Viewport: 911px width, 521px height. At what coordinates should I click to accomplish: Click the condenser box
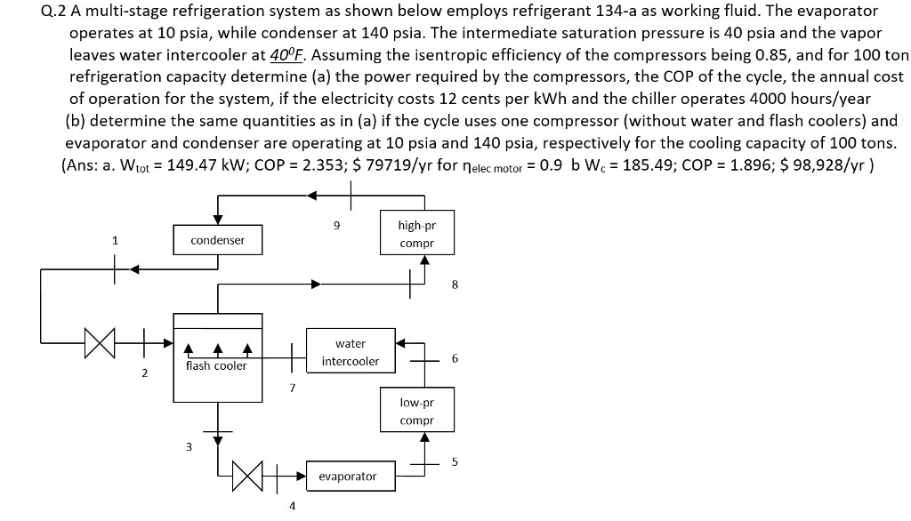point(217,240)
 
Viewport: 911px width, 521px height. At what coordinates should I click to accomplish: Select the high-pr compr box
point(416,234)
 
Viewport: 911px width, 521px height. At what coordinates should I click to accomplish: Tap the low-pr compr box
point(416,411)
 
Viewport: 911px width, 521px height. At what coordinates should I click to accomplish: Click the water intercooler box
point(357,352)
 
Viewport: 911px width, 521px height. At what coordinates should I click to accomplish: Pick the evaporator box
point(348,477)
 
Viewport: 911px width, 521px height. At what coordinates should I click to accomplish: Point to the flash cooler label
point(216,365)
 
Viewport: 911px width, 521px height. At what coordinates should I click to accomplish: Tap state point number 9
point(336,226)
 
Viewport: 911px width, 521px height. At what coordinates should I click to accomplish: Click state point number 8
point(455,285)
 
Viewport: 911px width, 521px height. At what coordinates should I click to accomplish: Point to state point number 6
point(455,358)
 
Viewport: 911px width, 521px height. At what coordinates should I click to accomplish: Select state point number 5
point(455,461)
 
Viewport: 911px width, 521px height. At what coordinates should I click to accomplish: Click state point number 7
point(291,389)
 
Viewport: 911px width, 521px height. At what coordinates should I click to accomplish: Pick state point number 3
point(188,447)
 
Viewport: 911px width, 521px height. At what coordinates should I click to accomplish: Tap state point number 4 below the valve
point(288,508)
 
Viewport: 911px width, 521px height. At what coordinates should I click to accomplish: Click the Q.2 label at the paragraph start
point(54,12)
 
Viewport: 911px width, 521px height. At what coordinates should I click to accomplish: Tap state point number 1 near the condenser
point(114,239)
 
